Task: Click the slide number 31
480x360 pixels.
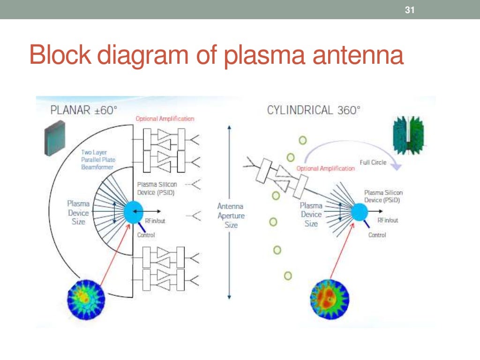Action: pyautogui.click(x=410, y=10)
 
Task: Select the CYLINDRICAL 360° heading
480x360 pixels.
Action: pyautogui.click(x=314, y=111)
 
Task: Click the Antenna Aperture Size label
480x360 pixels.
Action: pyautogui.click(x=231, y=215)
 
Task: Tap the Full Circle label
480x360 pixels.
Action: pyautogui.click(x=373, y=162)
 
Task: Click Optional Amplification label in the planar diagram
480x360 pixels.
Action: pyautogui.click(x=165, y=119)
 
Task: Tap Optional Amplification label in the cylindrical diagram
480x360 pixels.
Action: pyautogui.click(x=325, y=168)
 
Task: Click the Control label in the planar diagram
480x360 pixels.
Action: pyautogui.click(x=146, y=235)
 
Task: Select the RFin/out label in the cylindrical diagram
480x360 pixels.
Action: pyautogui.click(x=388, y=220)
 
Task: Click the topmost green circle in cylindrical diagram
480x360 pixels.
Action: pyautogui.click(x=303, y=140)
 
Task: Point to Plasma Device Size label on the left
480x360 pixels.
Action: pyautogui.click(x=78, y=213)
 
